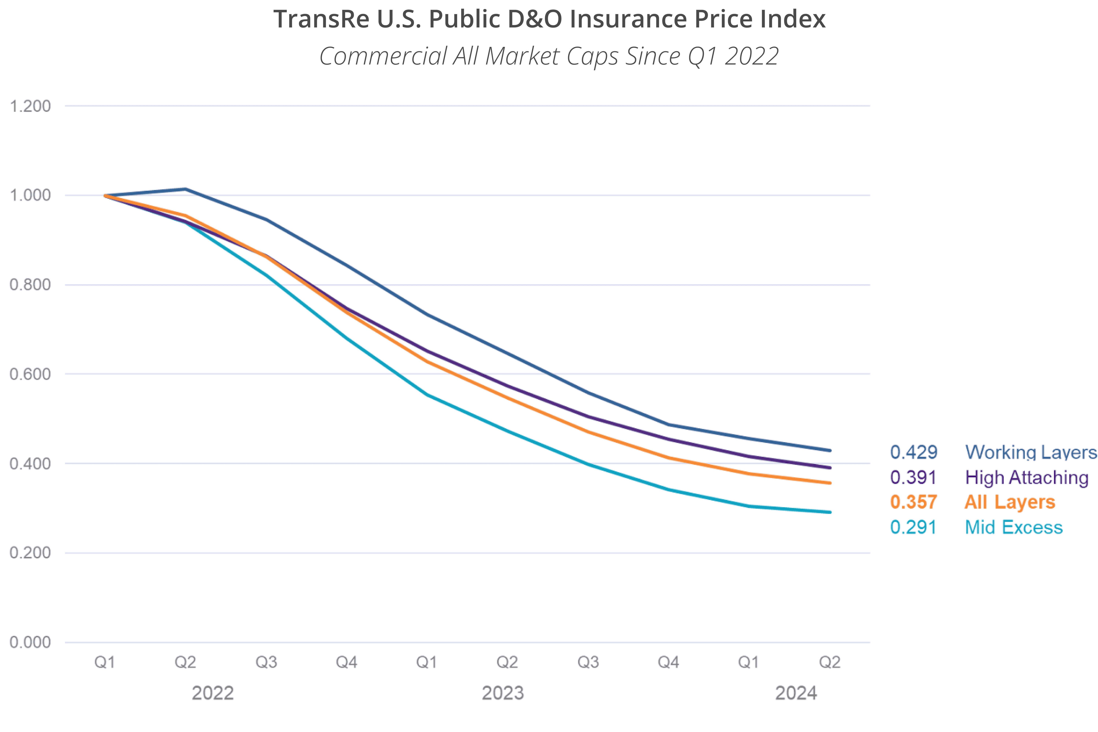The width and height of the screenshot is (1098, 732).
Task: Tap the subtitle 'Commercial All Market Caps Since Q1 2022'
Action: (x=549, y=56)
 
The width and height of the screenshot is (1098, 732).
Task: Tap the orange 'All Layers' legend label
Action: (x=1010, y=502)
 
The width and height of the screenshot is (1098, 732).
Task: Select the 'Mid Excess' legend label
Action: (x=1013, y=527)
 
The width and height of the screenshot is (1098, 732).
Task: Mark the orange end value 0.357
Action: (x=914, y=502)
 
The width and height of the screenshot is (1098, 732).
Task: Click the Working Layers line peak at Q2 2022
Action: (x=185, y=189)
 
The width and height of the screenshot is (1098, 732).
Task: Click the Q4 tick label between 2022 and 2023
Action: (x=346, y=662)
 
